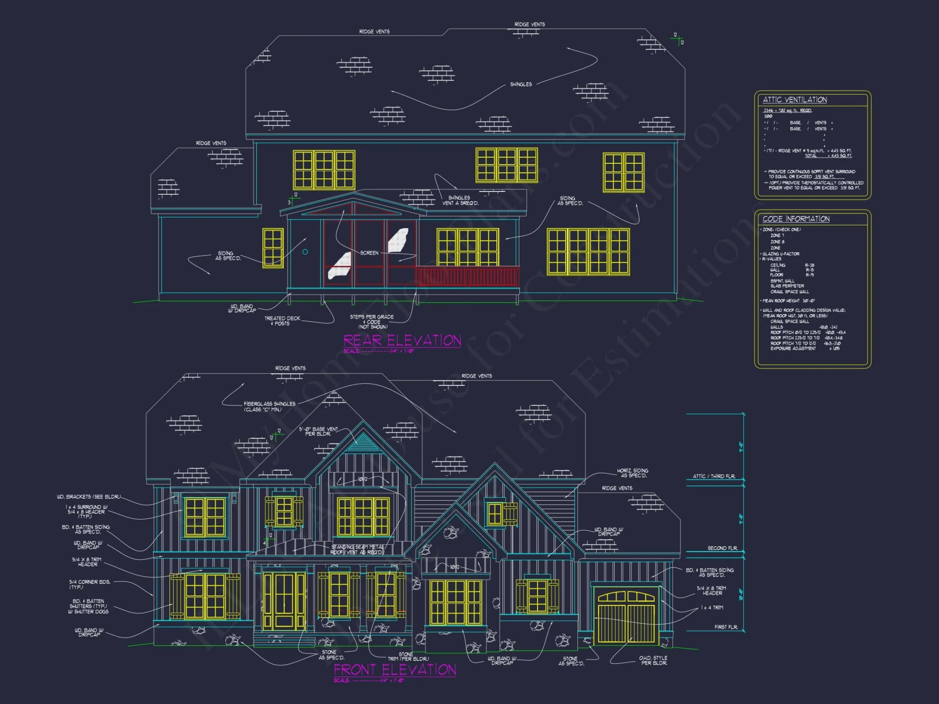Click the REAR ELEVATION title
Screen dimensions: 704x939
(x=402, y=340)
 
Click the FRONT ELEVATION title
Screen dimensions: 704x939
(x=395, y=669)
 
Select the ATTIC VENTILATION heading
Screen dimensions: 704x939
(x=795, y=99)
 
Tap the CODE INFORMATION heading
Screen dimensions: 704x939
(x=796, y=219)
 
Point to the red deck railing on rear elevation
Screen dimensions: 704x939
(x=468, y=276)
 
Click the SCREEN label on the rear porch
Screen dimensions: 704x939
(x=369, y=253)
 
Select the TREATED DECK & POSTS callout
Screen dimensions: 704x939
(x=282, y=321)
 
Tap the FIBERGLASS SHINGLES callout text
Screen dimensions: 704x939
(x=269, y=406)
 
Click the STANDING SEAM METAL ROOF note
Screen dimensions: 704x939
(x=358, y=549)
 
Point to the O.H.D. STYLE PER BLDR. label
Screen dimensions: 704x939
(x=653, y=660)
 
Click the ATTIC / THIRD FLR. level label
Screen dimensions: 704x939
(x=714, y=476)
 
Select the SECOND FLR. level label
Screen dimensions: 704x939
(x=722, y=548)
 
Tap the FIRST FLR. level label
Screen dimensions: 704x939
(x=726, y=627)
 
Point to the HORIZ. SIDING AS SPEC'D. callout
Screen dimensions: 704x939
(x=632, y=473)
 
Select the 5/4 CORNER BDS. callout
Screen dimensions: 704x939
(x=90, y=584)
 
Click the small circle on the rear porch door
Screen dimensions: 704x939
(x=305, y=252)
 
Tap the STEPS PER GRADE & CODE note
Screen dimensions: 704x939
(x=372, y=321)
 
